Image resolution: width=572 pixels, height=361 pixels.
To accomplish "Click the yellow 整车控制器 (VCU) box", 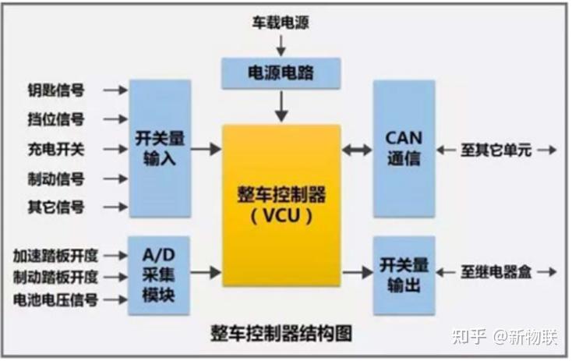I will pos(281,204).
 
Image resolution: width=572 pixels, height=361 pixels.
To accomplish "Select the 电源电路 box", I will pos(282,73).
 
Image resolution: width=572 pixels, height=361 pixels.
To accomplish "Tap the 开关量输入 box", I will pos(160,148).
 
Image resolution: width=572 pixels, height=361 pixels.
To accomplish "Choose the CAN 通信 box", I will pos(404,148).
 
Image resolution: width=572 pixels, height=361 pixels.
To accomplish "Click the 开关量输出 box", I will pos(404,274).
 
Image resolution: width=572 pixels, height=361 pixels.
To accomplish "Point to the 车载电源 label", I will pos(281,23).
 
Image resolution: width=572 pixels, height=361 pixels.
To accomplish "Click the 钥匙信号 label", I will pos(56,90).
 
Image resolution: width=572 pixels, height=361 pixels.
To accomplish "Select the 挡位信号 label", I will pos(56,120).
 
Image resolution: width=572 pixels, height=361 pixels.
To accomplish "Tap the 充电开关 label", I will pos(56,149).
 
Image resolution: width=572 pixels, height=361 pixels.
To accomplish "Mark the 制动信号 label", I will pos(56,179).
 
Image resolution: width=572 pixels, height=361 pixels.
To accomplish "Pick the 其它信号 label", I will pos(56,207).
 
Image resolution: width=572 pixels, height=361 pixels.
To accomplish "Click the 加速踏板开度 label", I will pos(56,255).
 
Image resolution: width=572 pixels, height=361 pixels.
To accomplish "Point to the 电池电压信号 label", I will pos(56,299).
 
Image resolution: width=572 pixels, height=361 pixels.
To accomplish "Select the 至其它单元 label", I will pos(496,150).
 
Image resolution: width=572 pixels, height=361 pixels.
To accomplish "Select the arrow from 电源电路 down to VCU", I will pos(281,104).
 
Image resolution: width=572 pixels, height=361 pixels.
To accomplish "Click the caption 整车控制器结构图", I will pos(281,333).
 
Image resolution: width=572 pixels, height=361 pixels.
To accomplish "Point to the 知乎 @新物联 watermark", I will pos(506,337).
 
